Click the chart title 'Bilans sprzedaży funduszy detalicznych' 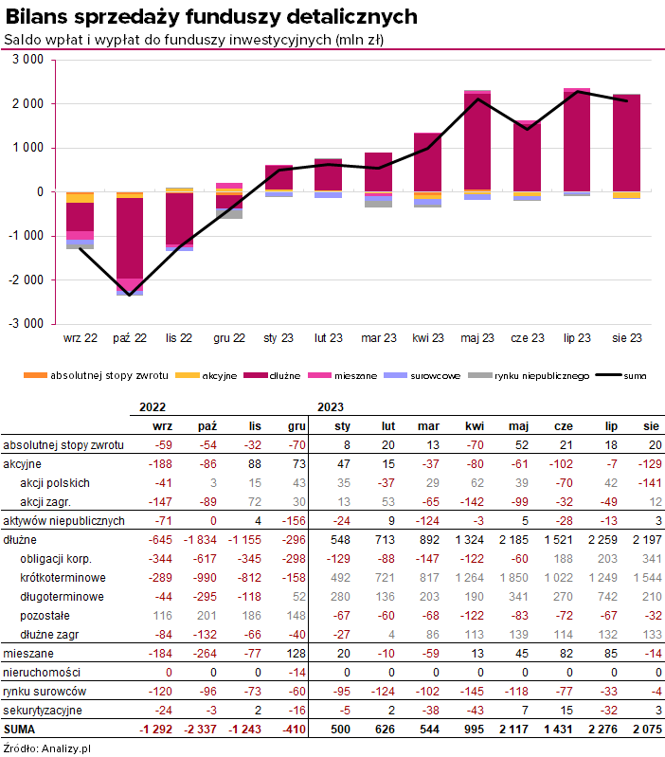pyautogui.click(x=211, y=16)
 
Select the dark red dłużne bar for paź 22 pyautogui.click(x=130, y=237)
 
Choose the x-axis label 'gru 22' pyautogui.click(x=229, y=338)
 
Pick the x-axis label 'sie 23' pyautogui.click(x=626, y=338)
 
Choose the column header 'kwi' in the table pyautogui.click(x=473, y=426)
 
